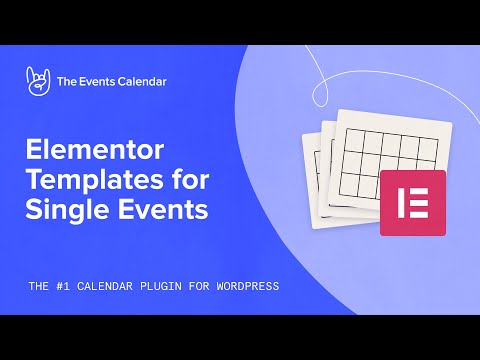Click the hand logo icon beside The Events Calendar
[x=37, y=83]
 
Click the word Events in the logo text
[x=104, y=83]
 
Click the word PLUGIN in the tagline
[x=163, y=286]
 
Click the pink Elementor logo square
[x=412, y=202]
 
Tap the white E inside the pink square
[x=412, y=202]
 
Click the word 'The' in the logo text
[x=70, y=83]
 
